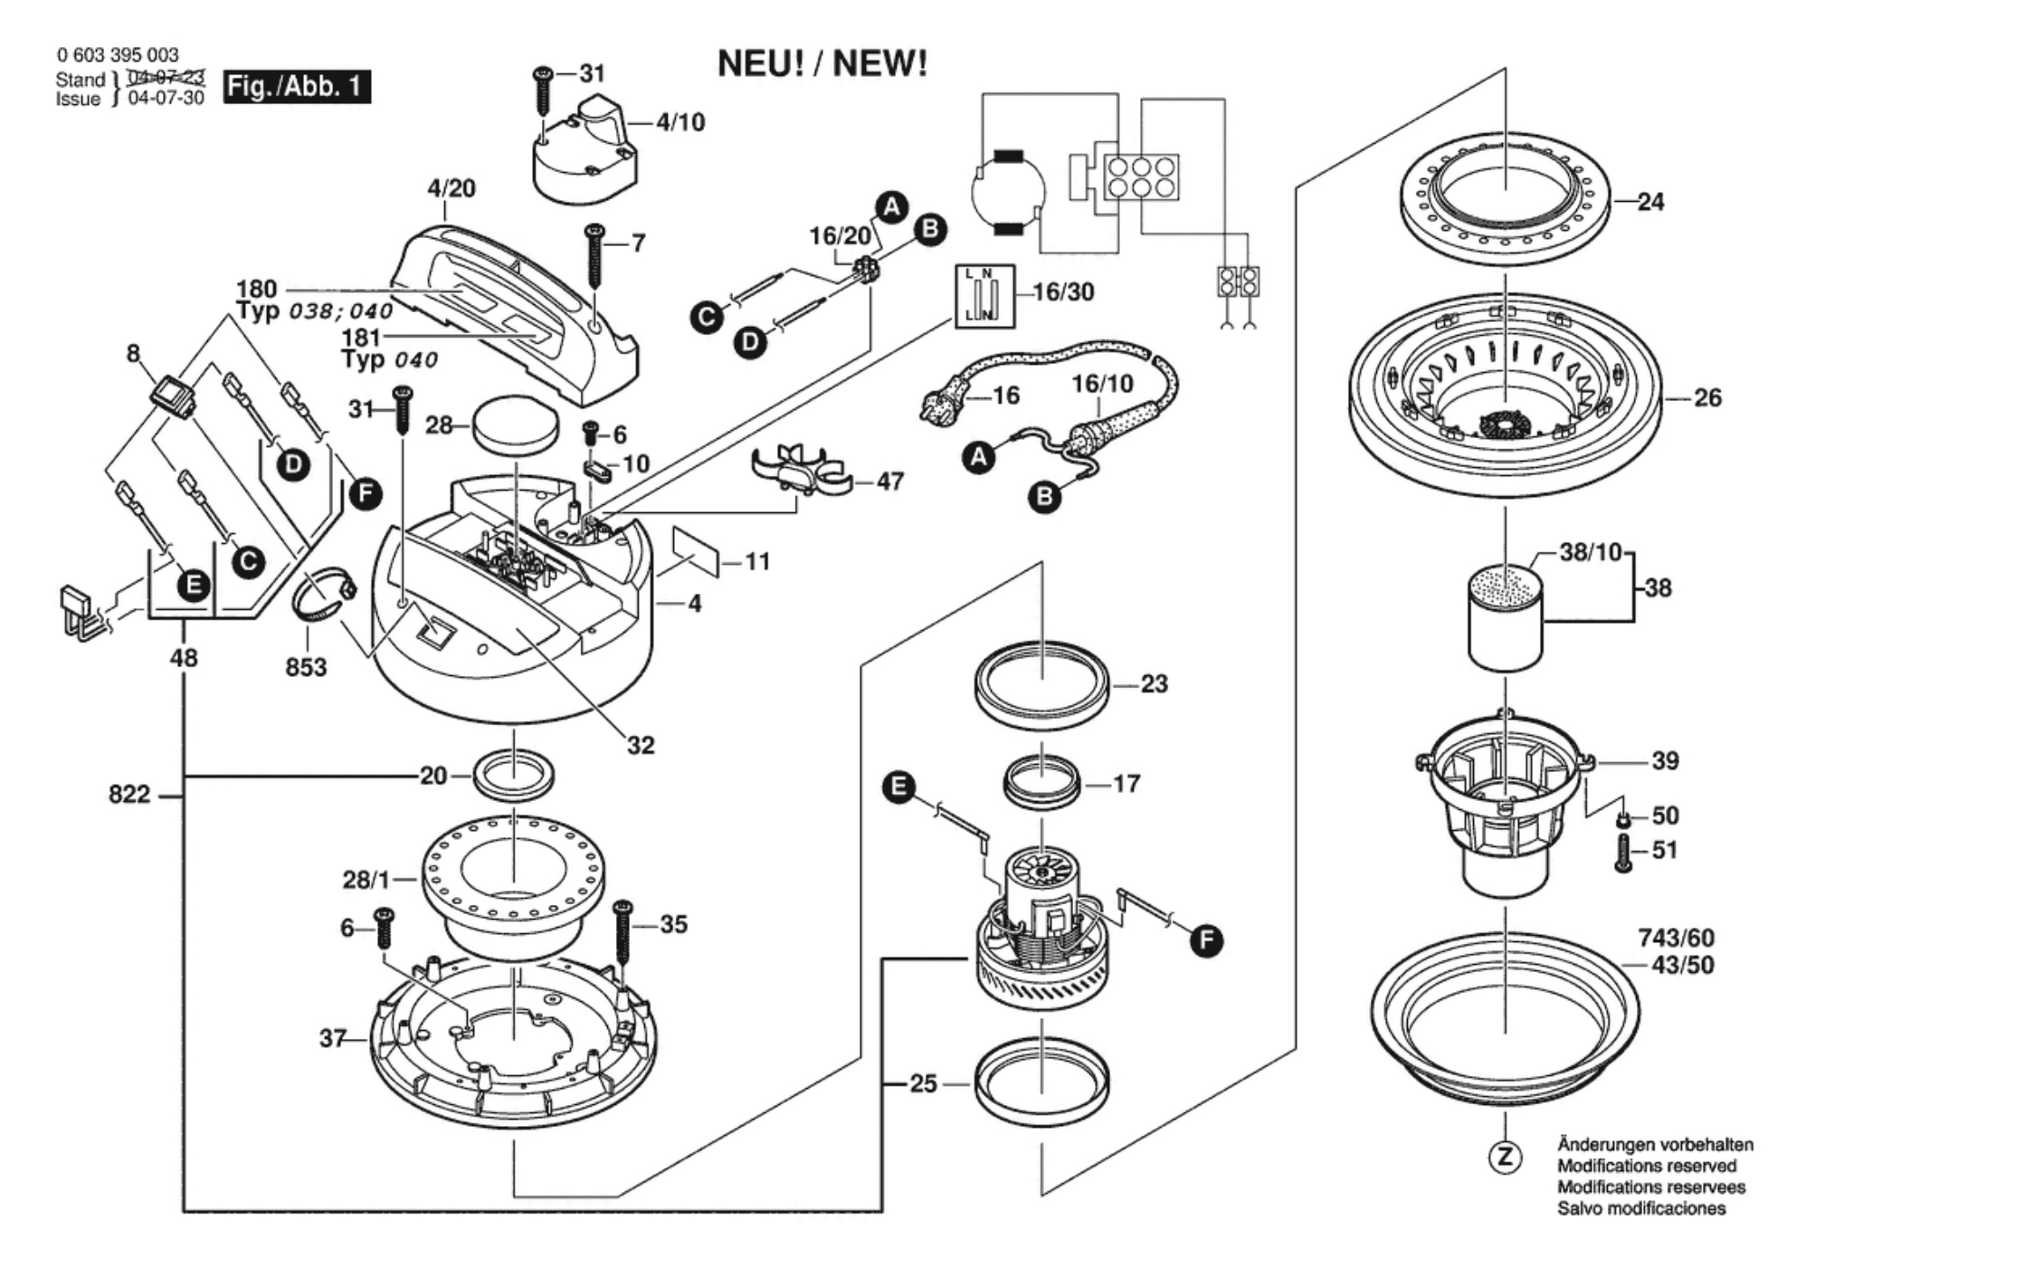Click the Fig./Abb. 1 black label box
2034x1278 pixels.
coord(297,87)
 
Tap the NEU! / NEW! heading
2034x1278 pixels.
coord(822,64)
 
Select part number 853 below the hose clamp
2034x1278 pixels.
coord(306,667)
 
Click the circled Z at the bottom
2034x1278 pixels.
coord(1505,1158)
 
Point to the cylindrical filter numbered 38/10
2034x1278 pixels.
coord(1505,615)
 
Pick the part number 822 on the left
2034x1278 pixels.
coord(129,794)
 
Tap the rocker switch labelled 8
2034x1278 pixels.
coord(174,395)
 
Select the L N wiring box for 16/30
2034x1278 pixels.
coord(984,296)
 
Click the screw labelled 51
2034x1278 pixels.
coord(1623,853)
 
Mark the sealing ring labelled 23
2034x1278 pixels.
coord(1042,686)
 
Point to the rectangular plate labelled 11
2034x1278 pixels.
coord(695,552)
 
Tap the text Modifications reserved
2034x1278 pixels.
coord(1647,1166)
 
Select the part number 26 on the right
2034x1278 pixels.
coord(1707,397)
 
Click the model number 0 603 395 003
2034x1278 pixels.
coord(118,55)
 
